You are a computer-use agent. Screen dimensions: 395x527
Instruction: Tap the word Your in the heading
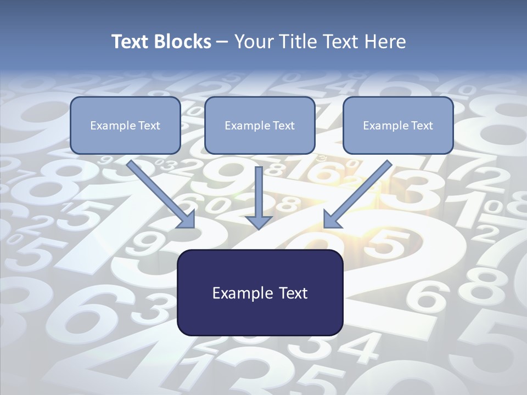[x=254, y=42]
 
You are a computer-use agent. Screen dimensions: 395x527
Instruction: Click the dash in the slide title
[x=222, y=42]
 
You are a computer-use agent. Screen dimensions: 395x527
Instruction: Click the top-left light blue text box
[x=125, y=125]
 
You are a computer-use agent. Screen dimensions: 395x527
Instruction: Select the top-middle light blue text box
[x=260, y=125]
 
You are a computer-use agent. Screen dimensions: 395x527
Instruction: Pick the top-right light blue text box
[x=398, y=125]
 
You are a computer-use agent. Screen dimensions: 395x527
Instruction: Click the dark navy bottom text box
[x=260, y=292]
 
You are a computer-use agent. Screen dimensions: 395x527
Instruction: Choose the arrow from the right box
[x=360, y=192]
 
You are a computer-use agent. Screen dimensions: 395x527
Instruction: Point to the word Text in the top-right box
[x=422, y=126]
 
